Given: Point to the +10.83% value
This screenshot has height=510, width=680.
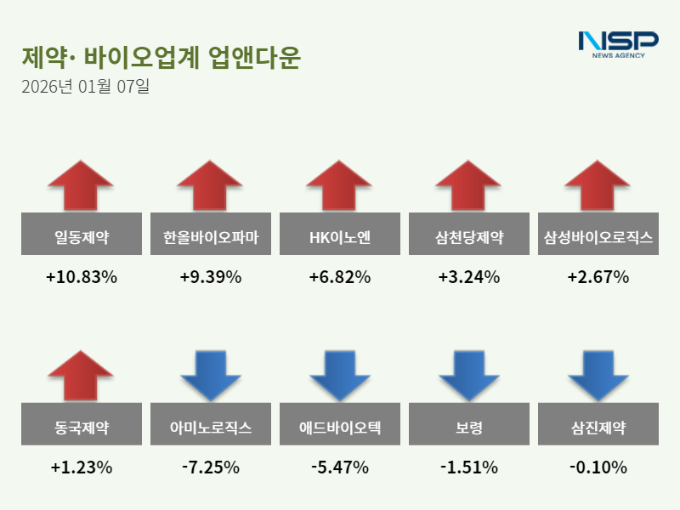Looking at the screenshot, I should pos(81,277).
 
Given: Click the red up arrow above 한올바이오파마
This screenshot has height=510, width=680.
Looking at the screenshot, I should pos(210,184).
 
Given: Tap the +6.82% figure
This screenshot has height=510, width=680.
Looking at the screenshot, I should pos(339,277).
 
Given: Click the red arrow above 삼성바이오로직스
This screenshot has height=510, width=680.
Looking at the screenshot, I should pos(598,184).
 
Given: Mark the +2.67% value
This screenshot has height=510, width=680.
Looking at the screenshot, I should pos(598,277).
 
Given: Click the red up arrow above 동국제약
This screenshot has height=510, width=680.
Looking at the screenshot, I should pos(81,375).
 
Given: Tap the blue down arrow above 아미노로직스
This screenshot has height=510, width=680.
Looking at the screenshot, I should pos(210,375).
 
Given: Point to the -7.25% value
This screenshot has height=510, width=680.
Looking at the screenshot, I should pos(210,467).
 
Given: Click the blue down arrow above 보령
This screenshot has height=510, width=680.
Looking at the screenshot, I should pos(468,375).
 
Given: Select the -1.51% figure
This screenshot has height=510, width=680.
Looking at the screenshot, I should pos(468,467).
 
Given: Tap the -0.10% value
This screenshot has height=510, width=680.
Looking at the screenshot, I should pos(598,467).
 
